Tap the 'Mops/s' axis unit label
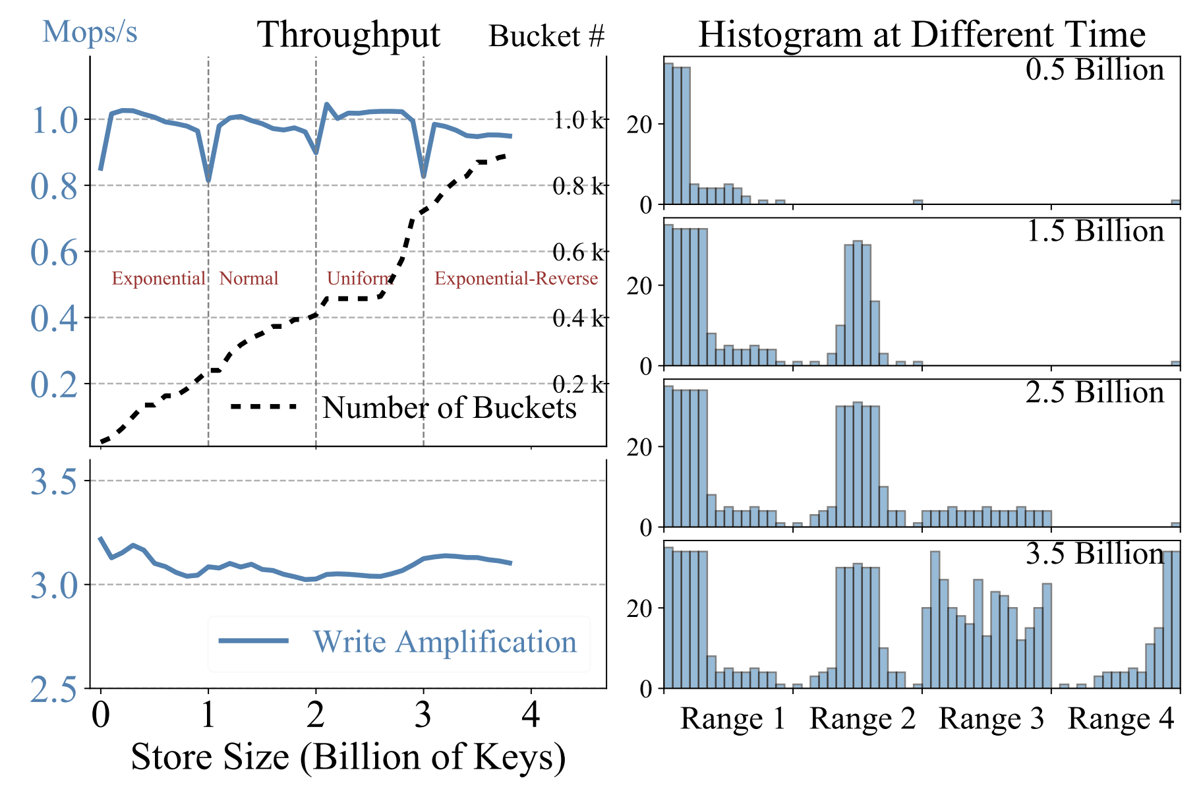[x=90, y=32]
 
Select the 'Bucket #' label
[x=546, y=36]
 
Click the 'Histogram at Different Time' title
[x=922, y=35]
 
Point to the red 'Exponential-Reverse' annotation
[x=516, y=279]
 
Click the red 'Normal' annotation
[x=249, y=279]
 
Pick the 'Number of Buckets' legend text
[x=450, y=408]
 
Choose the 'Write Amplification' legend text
[x=445, y=642]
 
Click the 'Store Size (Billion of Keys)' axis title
[x=348, y=757]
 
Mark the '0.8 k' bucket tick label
[x=578, y=187]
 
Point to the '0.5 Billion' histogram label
[x=1095, y=70]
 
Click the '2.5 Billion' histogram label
[x=1095, y=392]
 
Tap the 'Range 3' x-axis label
[x=991, y=718]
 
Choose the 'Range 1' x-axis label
[x=733, y=718]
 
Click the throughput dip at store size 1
[x=208, y=180]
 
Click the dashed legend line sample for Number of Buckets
[x=264, y=407]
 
